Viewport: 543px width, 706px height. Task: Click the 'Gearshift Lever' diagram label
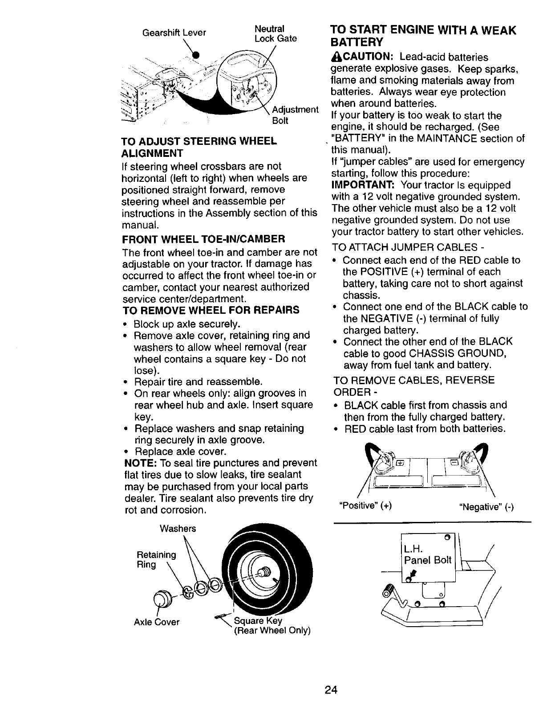(174, 33)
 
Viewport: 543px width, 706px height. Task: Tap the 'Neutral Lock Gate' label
(275, 34)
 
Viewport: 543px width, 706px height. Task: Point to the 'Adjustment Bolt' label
(295, 115)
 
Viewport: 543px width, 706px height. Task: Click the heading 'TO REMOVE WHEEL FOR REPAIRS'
(210, 310)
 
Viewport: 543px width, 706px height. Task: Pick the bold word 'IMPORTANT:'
(363, 185)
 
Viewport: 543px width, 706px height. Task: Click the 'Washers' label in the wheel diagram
(178, 529)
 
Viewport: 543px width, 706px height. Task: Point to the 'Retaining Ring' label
(156, 560)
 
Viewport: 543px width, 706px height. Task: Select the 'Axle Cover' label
(157, 622)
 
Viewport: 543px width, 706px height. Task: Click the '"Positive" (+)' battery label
(365, 506)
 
